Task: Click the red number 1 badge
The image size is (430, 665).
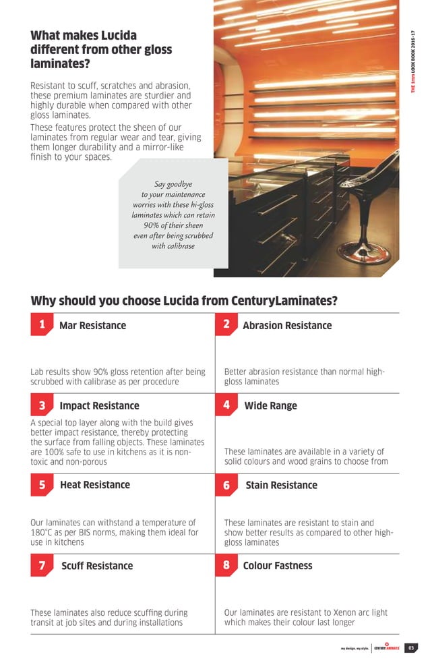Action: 42,325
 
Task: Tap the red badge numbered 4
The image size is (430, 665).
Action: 226,405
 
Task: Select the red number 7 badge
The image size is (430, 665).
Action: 42,565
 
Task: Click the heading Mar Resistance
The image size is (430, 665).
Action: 92,326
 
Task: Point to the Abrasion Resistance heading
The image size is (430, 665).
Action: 287,326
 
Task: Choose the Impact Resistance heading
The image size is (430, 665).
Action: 99,406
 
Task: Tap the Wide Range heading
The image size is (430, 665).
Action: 270,406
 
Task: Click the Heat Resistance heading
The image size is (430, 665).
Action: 95,485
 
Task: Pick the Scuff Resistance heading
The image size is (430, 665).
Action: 97,566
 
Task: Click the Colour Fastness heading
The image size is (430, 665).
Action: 278,566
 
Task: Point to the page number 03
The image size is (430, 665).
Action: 410,649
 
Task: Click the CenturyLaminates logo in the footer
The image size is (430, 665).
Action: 387,648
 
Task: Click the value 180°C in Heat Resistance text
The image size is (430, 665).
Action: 42,533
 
